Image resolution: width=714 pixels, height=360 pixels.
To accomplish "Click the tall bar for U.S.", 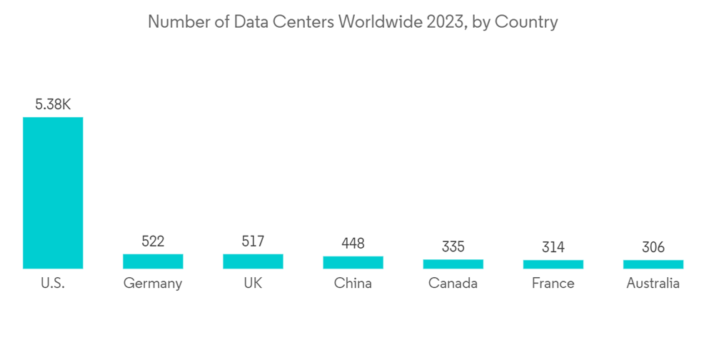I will tap(53, 193).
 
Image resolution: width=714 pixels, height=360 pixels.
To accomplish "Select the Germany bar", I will tap(153, 261).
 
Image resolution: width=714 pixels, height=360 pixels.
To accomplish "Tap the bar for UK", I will tap(253, 261).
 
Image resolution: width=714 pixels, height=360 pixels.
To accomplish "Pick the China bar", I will tap(353, 262).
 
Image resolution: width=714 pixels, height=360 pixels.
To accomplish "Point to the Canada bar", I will tap(453, 264).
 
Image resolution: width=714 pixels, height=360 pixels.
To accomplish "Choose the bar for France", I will tap(553, 264).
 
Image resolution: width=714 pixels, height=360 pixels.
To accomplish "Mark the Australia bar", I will tap(653, 264).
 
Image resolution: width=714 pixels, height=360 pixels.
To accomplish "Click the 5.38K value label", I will tap(53, 104).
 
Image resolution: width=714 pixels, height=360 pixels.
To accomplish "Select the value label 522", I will tap(153, 241).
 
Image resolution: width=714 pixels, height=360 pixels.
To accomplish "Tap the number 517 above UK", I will tap(253, 241).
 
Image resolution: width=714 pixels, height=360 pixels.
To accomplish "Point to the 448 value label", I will tap(353, 244).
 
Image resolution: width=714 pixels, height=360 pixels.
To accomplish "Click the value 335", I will tap(453, 246).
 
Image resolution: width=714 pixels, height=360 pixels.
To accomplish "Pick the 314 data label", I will tap(553, 247).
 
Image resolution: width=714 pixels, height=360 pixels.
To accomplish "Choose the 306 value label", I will tap(653, 247).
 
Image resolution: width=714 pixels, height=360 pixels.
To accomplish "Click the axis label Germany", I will tap(153, 284).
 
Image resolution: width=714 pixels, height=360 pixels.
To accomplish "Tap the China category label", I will tap(353, 284).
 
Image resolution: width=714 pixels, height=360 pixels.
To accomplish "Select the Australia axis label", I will tap(653, 284).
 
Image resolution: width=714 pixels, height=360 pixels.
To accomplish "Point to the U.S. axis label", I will tap(53, 284).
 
